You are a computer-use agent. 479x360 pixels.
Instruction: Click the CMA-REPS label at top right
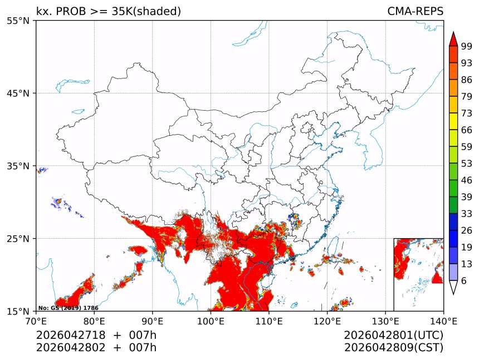(415, 12)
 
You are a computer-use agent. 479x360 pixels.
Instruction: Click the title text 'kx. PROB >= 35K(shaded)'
(109, 12)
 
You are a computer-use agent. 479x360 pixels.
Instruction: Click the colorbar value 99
(467, 47)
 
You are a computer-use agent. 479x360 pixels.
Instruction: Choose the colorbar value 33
(467, 214)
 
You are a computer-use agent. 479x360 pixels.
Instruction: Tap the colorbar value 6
(464, 281)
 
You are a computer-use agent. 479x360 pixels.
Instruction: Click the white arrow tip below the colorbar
(453, 288)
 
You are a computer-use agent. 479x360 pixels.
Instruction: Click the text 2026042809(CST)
(394, 348)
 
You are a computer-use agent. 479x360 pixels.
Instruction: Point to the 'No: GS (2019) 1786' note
(68, 308)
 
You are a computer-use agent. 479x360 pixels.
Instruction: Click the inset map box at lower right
(418, 274)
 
